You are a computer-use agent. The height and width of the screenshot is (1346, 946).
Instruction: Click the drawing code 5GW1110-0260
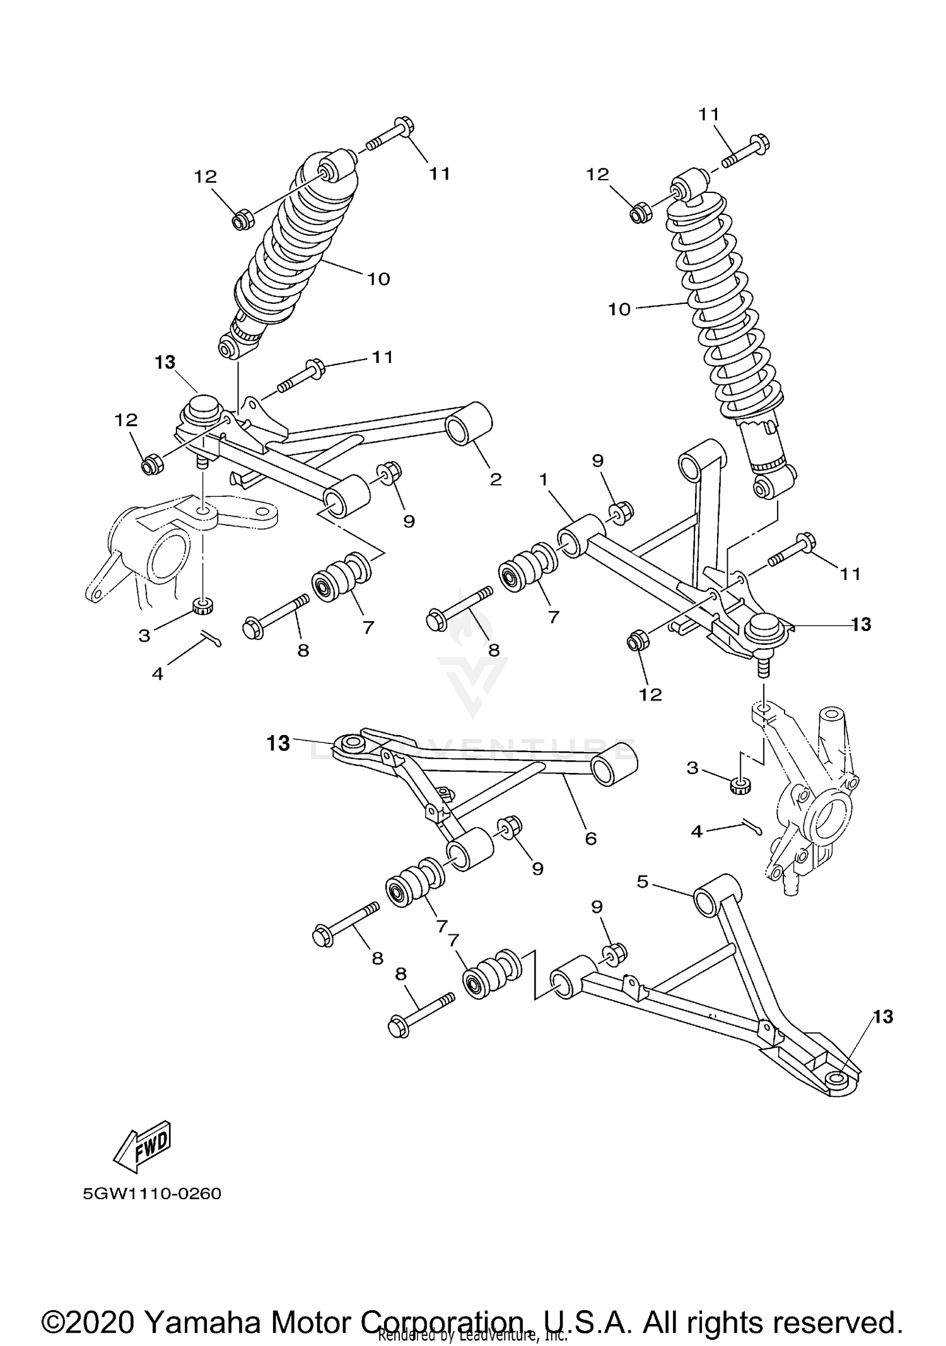pyautogui.click(x=152, y=1194)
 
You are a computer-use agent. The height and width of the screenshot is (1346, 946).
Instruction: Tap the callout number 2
pyautogui.click(x=496, y=479)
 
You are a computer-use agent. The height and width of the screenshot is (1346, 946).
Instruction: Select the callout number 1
pyautogui.click(x=543, y=480)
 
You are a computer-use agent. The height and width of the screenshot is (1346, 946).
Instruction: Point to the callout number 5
pyautogui.click(x=642, y=881)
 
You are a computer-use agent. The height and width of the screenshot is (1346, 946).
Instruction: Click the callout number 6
pyautogui.click(x=590, y=838)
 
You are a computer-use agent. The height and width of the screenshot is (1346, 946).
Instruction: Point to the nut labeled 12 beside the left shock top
pyautogui.click(x=243, y=221)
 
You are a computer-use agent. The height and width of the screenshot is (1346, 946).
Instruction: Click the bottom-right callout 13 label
pyautogui.click(x=883, y=1016)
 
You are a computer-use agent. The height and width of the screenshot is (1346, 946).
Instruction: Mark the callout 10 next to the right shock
pyautogui.click(x=619, y=310)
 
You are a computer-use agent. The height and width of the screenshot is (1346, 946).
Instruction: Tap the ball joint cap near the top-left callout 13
pyautogui.click(x=202, y=405)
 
